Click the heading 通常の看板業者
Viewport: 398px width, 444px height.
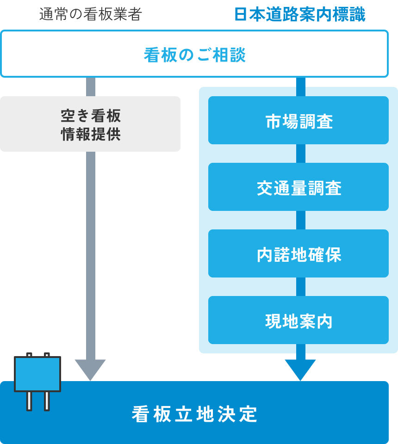(x=90, y=15)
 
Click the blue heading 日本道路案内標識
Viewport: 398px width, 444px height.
(x=300, y=15)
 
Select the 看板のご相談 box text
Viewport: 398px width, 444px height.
(x=194, y=55)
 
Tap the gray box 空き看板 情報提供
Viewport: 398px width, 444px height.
(x=90, y=124)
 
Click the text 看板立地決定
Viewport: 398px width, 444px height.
(x=194, y=413)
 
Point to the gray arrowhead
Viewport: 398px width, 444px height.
(x=90, y=369)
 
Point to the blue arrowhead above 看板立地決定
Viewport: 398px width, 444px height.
(x=300, y=369)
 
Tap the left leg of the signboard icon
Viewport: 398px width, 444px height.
(x=29, y=401)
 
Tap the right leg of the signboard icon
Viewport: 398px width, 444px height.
(x=47, y=401)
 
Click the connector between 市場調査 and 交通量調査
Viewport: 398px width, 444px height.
(x=300, y=154)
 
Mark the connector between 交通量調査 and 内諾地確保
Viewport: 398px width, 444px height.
(x=300, y=220)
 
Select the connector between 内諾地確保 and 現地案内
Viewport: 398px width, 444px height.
(x=300, y=287)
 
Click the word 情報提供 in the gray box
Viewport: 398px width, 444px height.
(x=90, y=134)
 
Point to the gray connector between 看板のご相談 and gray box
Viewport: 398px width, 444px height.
(x=90, y=87)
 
